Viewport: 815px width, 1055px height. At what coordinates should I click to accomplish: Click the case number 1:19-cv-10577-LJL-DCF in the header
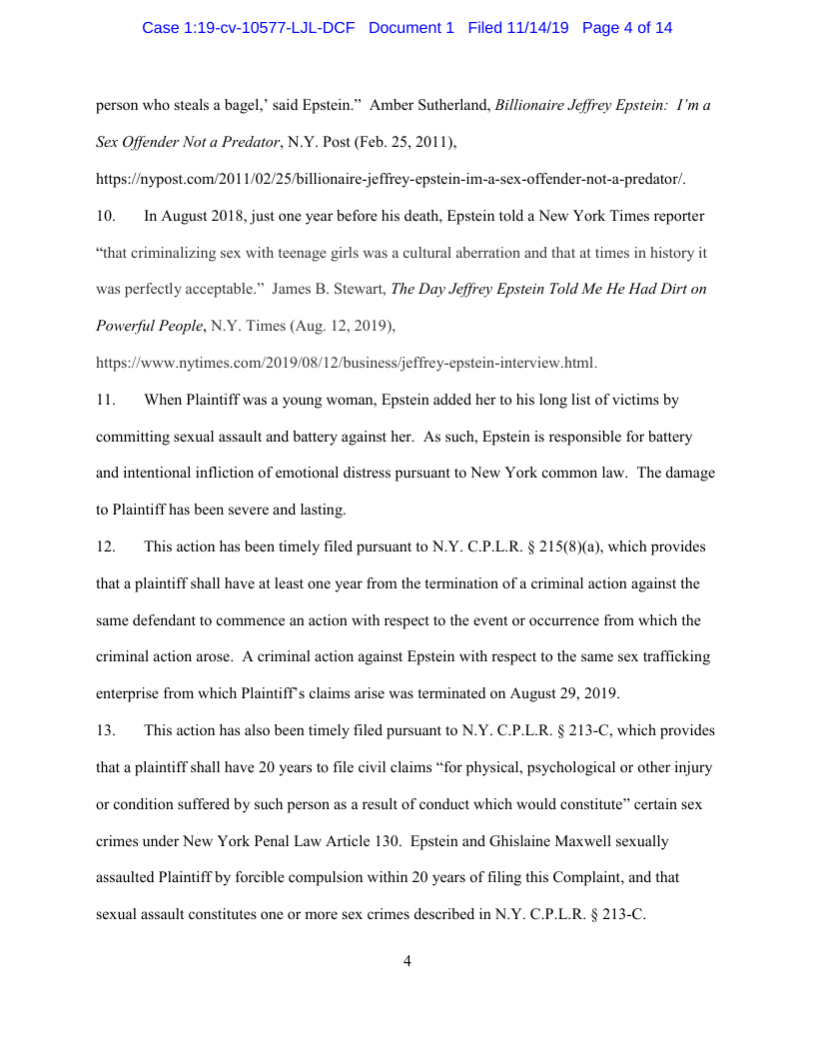click(x=249, y=28)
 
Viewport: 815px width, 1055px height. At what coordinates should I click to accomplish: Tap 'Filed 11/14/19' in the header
click(x=517, y=28)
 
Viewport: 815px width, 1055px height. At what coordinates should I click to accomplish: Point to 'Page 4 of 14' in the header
click(x=626, y=28)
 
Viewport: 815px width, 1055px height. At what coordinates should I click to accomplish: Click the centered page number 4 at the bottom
click(x=407, y=961)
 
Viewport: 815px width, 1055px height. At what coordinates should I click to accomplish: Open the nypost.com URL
click(x=391, y=179)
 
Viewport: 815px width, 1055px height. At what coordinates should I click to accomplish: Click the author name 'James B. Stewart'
click(x=327, y=290)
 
